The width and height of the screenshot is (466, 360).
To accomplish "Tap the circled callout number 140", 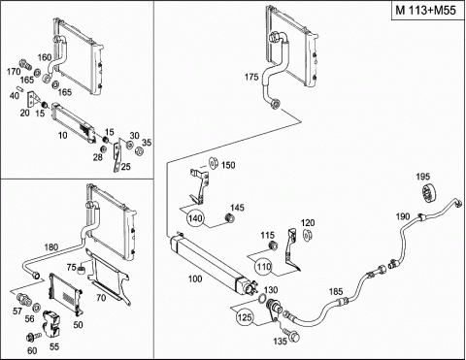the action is point(195,218).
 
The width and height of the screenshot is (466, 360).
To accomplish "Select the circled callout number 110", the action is point(264,267).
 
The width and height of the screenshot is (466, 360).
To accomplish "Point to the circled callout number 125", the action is point(245,317).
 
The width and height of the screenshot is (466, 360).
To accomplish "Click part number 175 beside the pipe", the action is point(251,77).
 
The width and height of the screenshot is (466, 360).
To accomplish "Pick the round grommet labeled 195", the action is point(430,193).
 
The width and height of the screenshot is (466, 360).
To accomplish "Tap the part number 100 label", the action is point(195,278).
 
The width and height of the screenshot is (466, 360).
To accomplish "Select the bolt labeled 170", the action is point(24,63).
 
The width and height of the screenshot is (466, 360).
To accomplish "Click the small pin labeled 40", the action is point(20,87).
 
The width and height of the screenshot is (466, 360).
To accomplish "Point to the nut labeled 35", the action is point(139,150).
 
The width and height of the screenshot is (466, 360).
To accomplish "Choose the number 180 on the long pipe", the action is point(50,247).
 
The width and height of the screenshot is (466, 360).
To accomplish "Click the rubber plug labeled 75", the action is point(81,269).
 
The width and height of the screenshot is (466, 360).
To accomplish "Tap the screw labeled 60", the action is point(33,338).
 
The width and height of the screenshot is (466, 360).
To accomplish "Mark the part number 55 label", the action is point(54,346).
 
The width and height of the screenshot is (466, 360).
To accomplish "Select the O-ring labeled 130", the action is point(263,298).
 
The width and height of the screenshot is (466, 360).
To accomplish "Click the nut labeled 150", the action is point(214,163).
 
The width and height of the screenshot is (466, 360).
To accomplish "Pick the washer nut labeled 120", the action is point(306,235).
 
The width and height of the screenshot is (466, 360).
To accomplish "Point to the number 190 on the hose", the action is point(403,216).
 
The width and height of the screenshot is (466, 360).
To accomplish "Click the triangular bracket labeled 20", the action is point(33,99).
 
